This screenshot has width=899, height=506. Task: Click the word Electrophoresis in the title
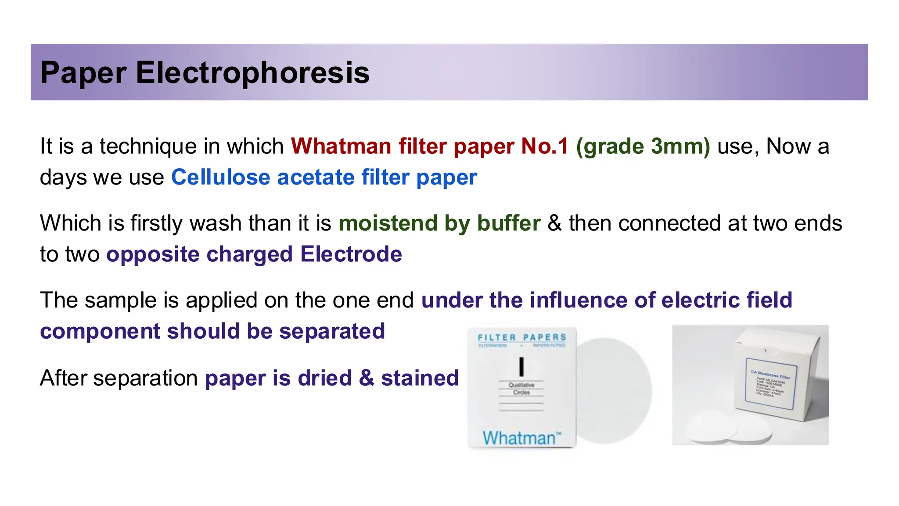252,72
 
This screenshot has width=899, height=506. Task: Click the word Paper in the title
83,72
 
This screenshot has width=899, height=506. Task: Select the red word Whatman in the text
341,146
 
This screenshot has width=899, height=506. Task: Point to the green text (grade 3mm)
643,146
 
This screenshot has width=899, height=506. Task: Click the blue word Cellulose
220,177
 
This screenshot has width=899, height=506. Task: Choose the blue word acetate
316,177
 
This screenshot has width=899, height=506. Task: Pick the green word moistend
388,223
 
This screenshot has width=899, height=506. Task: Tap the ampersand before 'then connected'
554,223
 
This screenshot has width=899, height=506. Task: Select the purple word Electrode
351,254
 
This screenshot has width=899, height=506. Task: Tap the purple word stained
420,378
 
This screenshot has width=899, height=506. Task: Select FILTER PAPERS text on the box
521,337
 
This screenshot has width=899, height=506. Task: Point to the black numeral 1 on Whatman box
521,366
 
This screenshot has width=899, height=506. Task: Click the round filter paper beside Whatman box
615,391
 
